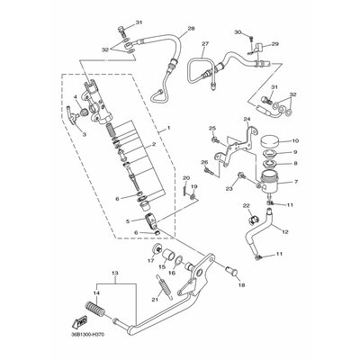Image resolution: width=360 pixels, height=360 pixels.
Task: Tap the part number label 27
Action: tap(205, 43)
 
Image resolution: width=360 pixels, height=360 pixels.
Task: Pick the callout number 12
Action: tap(286, 231)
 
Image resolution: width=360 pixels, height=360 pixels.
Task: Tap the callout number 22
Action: tap(246, 208)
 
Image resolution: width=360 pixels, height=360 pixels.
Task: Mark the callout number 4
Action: tap(76, 95)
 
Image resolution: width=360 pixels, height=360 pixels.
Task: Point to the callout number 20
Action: tap(184, 178)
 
